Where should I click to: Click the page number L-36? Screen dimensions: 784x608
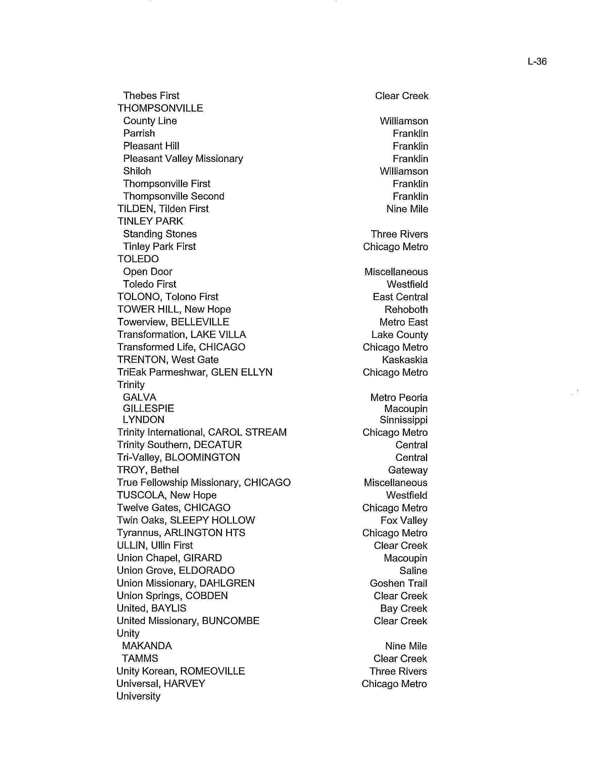pyautogui.click(x=537, y=62)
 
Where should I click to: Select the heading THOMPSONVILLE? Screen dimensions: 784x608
pyautogui.click(x=160, y=108)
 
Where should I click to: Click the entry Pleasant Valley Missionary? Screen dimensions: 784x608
pyautogui.click(x=183, y=159)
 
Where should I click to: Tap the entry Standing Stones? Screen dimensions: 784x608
pyautogui.click(x=160, y=234)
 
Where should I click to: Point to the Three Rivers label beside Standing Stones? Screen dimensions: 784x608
pyautogui.click(x=399, y=234)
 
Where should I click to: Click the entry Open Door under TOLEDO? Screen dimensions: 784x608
pyautogui.click(x=148, y=272)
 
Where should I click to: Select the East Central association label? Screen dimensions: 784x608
pyautogui.click(x=400, y=297)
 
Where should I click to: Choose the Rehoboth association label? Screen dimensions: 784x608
pyautogui.click(x=406, y=310)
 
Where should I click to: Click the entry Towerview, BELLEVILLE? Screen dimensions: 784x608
pyautogui.click(x=173, y=322)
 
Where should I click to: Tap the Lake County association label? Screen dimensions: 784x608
pyautogui.click(x=400, y=335)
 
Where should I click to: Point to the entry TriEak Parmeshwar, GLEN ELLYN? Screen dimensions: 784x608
pyautogui.click(x=195, y=372)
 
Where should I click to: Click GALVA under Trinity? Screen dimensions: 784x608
pyautogui.click(x=140, y=397)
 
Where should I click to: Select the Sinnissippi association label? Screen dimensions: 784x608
pyautogui.click(x=404, y=420)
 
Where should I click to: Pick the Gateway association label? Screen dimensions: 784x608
pyautogui.click(x=407, y=470)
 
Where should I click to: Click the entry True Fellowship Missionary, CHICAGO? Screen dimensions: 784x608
pyautogui.click(x=204, y=483)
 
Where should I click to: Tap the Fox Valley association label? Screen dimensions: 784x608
pyautogui.click(x=404, y=521)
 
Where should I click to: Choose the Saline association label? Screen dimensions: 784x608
pyautogui.click(x=413, y=571)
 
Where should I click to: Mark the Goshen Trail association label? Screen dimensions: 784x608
pyautogui.click(x=399, y=583)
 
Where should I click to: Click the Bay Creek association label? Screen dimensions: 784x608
pyautogui.click(x=404, y=608)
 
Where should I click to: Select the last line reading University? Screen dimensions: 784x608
pyautogui.click(x=138, y=696)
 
